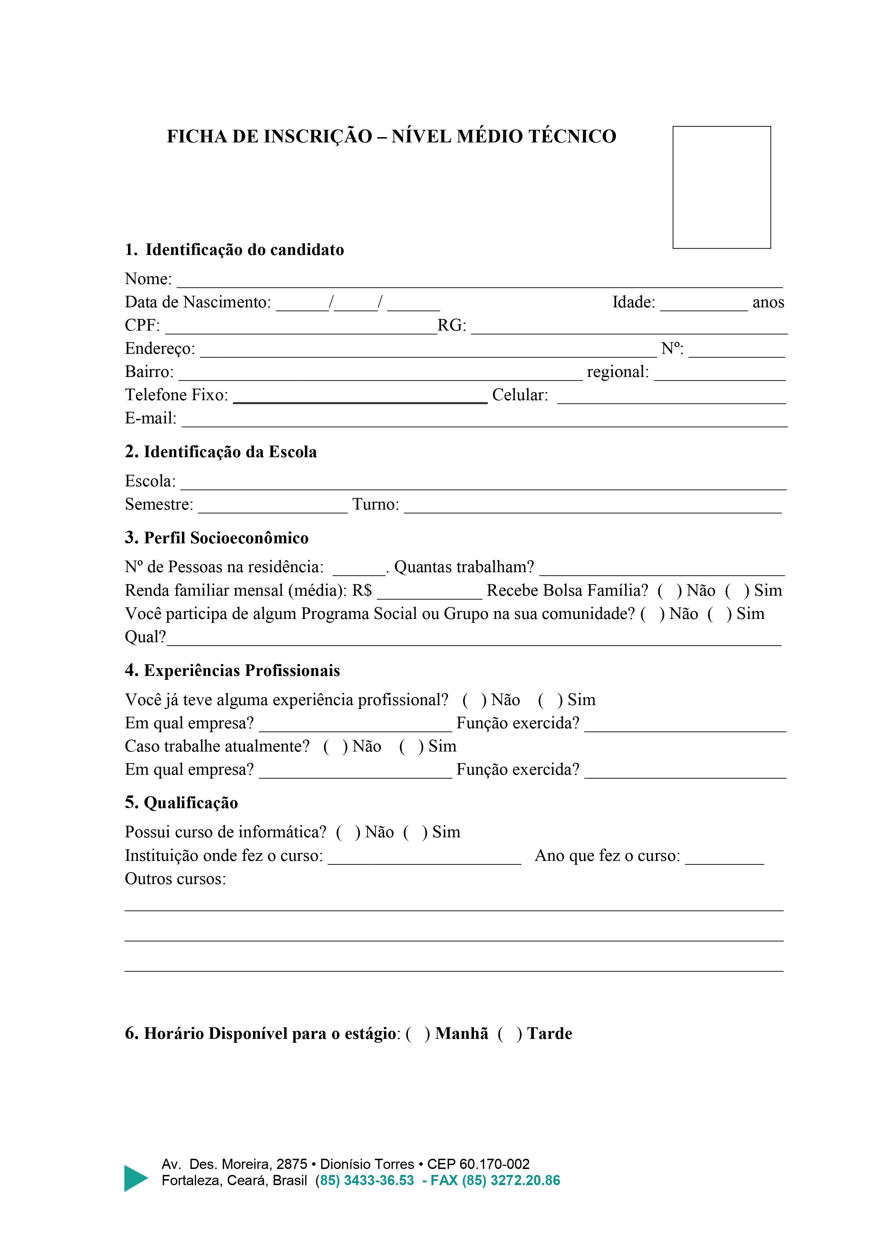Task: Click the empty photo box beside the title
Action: coord(721,187)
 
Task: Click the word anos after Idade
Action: coord(768,302)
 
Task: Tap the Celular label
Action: coord(520,395)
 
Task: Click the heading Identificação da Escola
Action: coord(221,452)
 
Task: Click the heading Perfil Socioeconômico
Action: coord(216,538)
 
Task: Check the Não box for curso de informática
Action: coord(347,832)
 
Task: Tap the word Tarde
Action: coord(550,1034)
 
